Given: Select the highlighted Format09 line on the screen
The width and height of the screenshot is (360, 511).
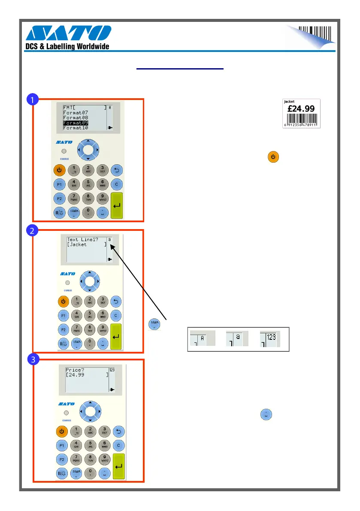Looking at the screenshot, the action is click(x=76, y=123).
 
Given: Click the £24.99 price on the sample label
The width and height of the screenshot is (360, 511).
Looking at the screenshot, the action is click(x=302, y=109).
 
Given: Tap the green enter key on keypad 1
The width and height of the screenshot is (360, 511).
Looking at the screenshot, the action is click(x=117, y=206).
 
